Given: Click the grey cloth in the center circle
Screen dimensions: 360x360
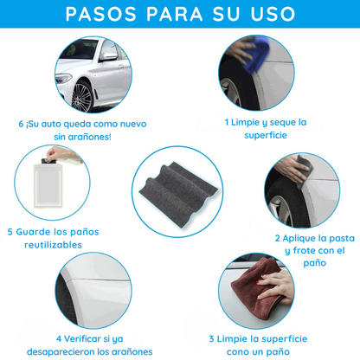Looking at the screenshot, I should pyautogui.click(x=179, y=181).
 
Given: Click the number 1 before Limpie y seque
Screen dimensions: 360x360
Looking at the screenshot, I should pyautogui.click(x=228, y=122).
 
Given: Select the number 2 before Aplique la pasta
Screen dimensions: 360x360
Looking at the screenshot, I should pyautogui.click(x=278, y=237).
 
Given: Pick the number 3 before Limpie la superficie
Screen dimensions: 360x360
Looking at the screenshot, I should pyautogui.click(x=210, y=338).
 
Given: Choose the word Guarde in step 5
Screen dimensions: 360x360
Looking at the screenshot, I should pyautogui.click(x=36, y=231).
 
